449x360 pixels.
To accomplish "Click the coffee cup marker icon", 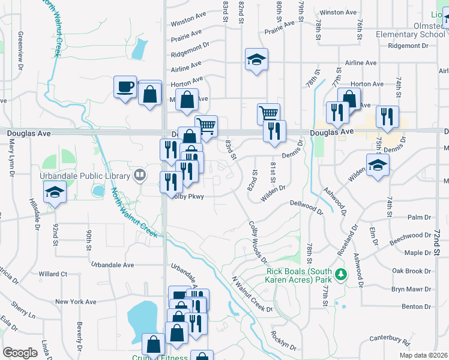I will [125, 86].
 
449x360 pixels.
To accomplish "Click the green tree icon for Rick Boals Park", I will [341, 275].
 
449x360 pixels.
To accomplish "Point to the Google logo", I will [20, 353].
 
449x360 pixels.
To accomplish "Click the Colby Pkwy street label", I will [188, 196].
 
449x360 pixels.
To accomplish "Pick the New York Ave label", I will [76, 302].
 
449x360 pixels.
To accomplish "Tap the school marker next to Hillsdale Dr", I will [55, 193].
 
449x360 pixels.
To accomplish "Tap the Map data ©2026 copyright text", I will [423, 355].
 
